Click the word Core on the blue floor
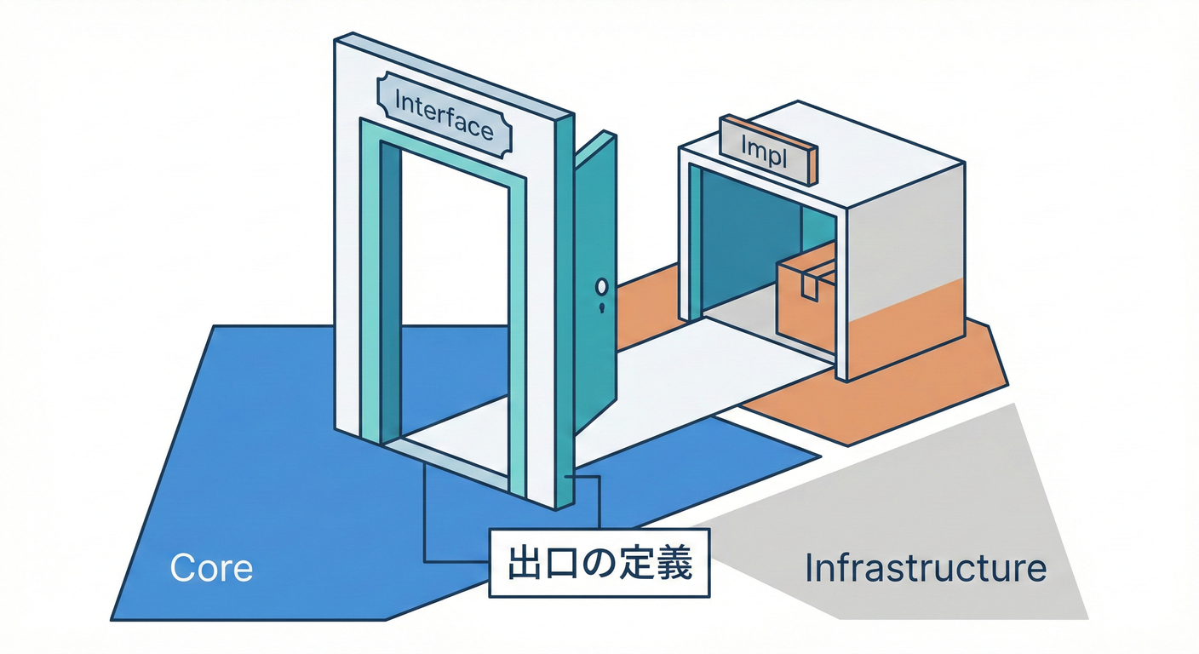(211, 568)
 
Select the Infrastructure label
(925, 568)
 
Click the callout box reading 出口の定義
(599, 565)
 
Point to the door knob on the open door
(603, 287)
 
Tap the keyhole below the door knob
(603, 307)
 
